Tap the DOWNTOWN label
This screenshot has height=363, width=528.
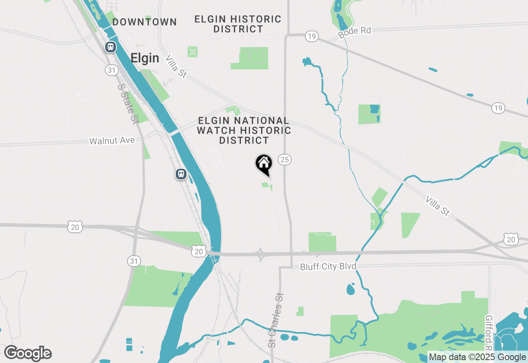pyautogui.click(x=144, y=22)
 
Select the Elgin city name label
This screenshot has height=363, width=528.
pyautogui.click(x=145, y=58)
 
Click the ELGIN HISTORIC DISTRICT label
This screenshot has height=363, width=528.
pyautogui.click(x=238, y=24)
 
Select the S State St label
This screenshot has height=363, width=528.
pyautogui.click(x=127, y=104)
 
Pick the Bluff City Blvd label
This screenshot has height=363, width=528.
pyautogui.click(x=328, y=267)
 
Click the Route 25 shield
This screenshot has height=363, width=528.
pyautogui.click(x=285, y=159)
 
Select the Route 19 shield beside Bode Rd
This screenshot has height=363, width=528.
pyautogui.click(x=311, y=37)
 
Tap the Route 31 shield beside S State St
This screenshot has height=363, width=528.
pyautogui.click(x=111, y=70)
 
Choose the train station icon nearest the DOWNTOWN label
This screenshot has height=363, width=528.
pyautogui.click(x=110, y=47)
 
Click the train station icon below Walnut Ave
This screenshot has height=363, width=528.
pyautogui.click(x=181, y=174)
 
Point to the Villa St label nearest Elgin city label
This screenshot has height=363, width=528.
pyautogui.click(x=177, y=66)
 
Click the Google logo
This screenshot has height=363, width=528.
pyautogui.click(x=28, y=354)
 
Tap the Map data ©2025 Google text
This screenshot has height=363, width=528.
pyautogui.click(x=477, y=357)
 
